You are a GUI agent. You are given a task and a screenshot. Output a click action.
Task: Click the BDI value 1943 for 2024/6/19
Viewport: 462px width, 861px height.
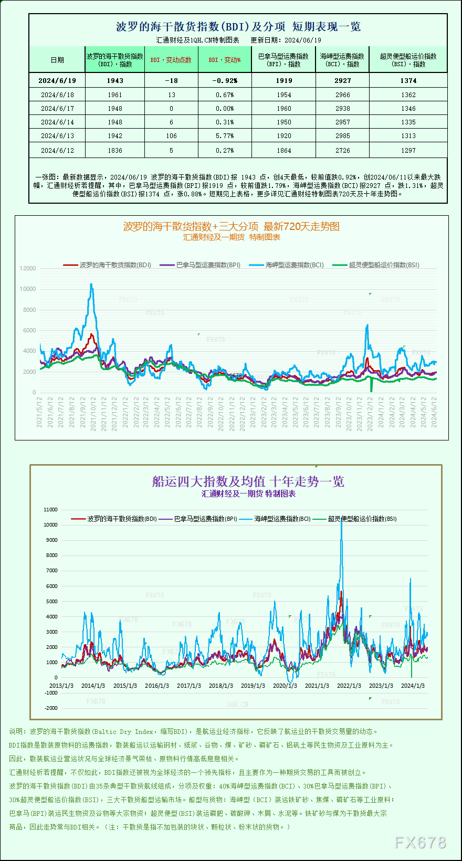(115, 81)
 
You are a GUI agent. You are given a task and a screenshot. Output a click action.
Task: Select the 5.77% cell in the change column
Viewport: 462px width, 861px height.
(225, 136)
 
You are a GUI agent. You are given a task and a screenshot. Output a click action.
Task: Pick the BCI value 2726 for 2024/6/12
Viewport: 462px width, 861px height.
(342, 151)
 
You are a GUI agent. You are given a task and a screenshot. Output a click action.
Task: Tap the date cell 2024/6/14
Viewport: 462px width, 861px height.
(57, 122)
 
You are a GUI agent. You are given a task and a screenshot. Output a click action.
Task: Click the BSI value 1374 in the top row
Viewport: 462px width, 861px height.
(408, 81)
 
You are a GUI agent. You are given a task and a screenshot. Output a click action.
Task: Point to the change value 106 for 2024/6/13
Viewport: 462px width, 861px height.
(171, 136)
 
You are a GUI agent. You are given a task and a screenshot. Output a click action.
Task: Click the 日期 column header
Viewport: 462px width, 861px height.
(57, 60)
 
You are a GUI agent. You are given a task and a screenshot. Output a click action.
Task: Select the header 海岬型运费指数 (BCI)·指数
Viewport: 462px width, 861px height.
(342, 60)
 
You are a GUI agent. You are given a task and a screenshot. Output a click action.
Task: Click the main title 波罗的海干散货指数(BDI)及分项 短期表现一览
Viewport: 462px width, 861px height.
(238, 27)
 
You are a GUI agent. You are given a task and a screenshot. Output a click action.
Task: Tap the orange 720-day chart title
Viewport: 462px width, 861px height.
(231, 226)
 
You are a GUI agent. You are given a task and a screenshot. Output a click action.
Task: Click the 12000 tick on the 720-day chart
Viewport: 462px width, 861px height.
(28, 268)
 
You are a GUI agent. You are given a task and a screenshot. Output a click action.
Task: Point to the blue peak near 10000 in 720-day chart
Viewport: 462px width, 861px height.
(91, 286)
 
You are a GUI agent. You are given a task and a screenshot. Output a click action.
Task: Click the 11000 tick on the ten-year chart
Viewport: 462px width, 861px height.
(50, 510)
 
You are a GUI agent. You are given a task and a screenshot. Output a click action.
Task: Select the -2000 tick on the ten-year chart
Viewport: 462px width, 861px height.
(51, 708)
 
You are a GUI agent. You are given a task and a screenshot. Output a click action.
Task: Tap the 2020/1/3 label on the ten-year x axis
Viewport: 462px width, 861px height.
(285, 686)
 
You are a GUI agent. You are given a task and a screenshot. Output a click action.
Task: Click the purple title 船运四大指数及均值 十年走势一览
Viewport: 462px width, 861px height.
(248, 481)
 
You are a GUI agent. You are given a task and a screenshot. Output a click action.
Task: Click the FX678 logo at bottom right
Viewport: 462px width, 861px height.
(420, 843)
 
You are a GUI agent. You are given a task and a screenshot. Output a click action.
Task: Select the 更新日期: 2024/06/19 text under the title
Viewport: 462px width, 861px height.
(286, 40)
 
